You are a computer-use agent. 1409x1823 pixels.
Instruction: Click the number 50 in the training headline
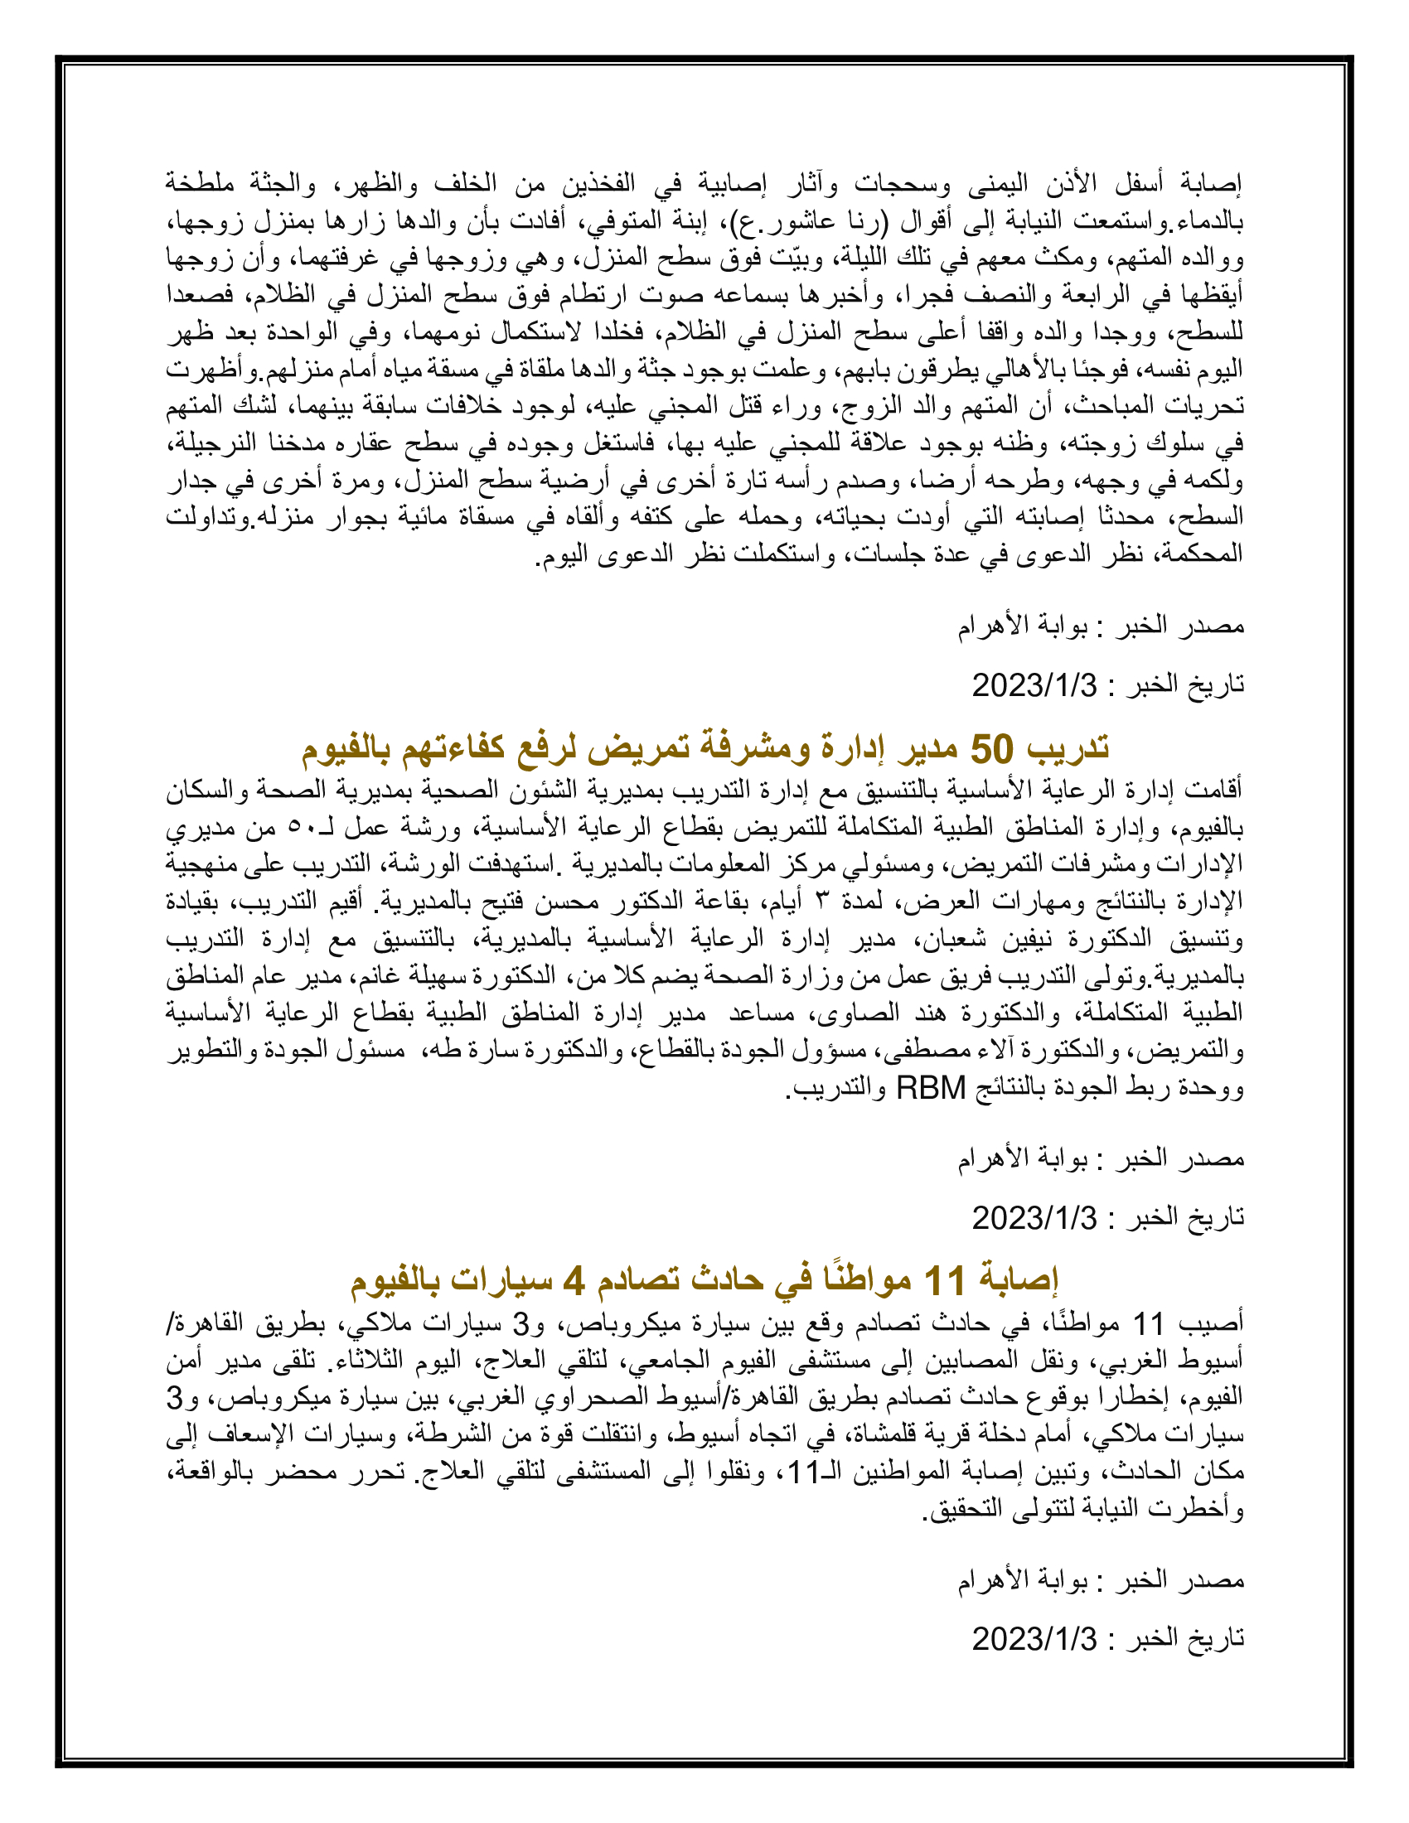click(990, 749)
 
